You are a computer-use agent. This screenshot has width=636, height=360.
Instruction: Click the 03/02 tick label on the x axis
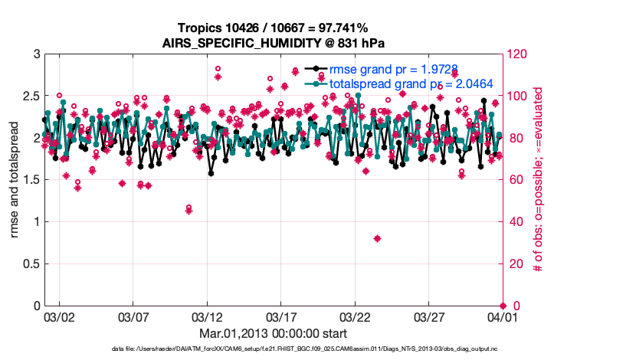tap(60, 316)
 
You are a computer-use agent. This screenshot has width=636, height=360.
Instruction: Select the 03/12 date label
tap(207, 316)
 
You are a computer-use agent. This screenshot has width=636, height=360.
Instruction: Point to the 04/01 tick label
tap(502, 316)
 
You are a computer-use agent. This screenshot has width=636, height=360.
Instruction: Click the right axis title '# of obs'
tap(539, 180)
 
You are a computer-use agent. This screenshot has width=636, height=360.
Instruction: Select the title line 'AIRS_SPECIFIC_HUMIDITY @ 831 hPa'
tap(273, 43)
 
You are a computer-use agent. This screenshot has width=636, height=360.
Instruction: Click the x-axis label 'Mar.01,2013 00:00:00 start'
tap(273, 334)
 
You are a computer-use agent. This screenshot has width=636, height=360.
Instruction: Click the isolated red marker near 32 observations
tap(377, 238)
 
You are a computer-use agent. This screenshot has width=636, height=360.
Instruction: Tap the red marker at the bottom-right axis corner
tap(502, 306)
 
